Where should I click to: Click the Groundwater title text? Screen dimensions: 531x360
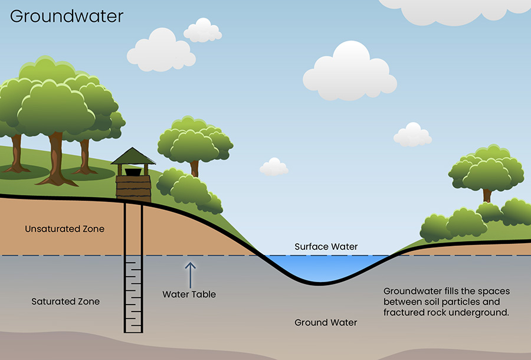pyautogui.click(x=67, y=17)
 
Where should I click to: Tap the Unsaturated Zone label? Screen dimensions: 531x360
pyautogui.click(x=65, y=229)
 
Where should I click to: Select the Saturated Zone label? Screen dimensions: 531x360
pyautogui.click(x=65, y=302)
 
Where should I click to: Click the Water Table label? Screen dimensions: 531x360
pyautogui.click(x=189, y=294)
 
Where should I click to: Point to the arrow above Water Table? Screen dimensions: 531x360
pyautogui.click(x=191, y=275)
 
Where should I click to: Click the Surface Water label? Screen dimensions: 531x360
pyautogui.click(x=326, y=247)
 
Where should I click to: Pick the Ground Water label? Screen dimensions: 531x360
pyautogui.click(x=326, y=322)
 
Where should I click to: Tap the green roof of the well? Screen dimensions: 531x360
pyautogui.click(x=133, y=156)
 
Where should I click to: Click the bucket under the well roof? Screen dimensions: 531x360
pyautogui.click(x=133, y=172)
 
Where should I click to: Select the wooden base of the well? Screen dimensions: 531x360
pyautogui.click(x=133, y=188)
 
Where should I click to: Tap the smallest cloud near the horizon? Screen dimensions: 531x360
pyautogui.click(x=274, y=166)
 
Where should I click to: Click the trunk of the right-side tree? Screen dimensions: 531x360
pyautogui.click(x=487, y=196)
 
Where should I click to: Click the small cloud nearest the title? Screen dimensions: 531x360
pyautogui.click(x=202, y=30)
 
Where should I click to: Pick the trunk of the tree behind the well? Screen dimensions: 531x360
pyautogui.click(x=194, y=169)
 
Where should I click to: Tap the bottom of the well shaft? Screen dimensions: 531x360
pyautogui.click(x=133, y=332)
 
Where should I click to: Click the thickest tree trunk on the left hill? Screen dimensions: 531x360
pyautogui.click(x=56, y=159)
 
